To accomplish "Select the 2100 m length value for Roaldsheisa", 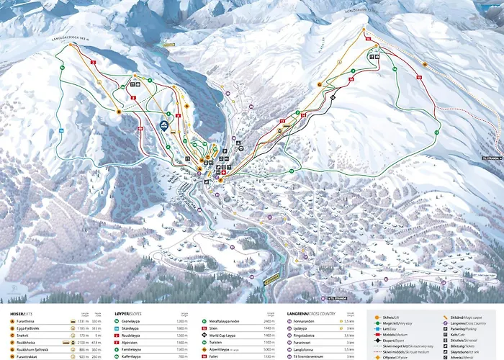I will pos(84,342).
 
